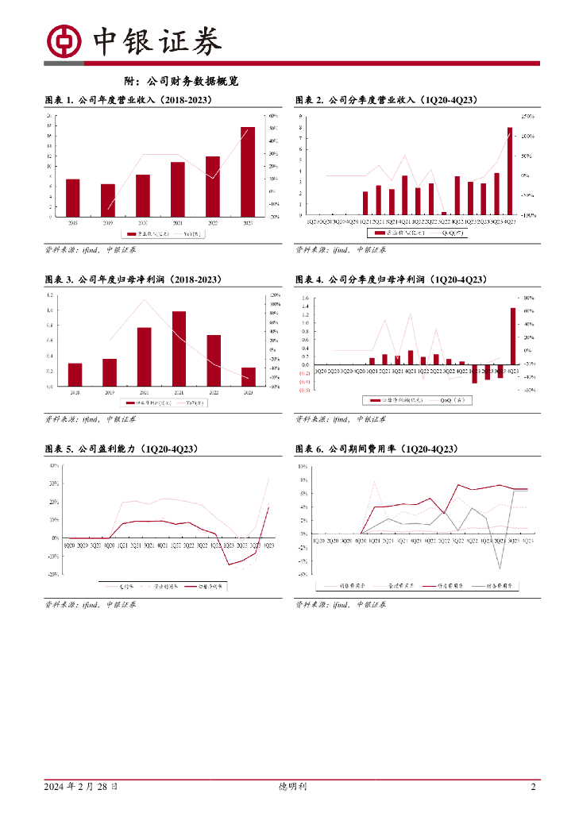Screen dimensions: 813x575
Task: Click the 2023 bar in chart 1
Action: tap(248, 171)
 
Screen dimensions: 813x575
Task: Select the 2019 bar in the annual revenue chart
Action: tap(107, 200)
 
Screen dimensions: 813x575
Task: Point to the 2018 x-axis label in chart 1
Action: tap(72, 223)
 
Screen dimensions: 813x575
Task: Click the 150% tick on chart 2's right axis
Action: tap(528, 116)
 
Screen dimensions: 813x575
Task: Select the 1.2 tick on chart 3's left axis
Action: tap(50, 295)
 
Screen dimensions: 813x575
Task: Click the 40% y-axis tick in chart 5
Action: tap(54, 465)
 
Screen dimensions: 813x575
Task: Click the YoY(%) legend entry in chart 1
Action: tap(194, 234)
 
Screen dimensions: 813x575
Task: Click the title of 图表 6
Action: tap(377, 449)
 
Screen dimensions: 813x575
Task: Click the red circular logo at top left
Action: tap(65, 41)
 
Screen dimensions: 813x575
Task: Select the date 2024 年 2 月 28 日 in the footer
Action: tap(81, 787)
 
